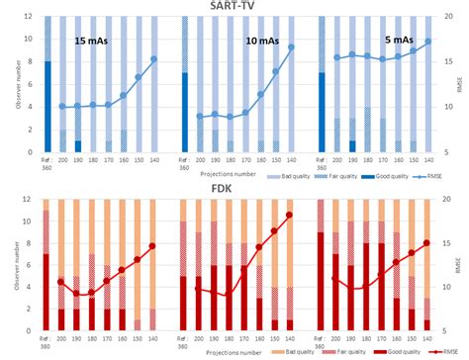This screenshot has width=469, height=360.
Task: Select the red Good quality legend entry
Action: tap(380, 351)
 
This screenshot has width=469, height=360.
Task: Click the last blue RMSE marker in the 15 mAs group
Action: tap(154, 59)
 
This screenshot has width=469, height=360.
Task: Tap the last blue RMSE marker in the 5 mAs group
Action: tap(427, 42)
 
